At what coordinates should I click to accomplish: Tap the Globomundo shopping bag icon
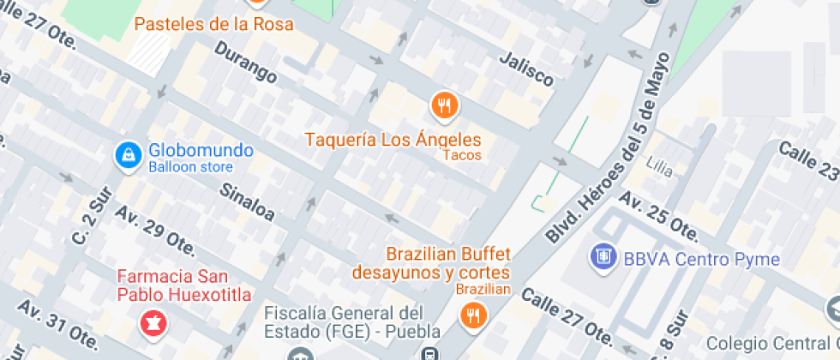(x=128, y=155)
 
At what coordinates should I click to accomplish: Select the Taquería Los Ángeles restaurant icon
(x=443, y=105)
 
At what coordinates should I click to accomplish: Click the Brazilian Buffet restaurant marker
(x=472, y=316)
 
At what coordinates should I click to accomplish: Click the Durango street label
(x=246, y=63)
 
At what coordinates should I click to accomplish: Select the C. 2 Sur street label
(x=89, y=219)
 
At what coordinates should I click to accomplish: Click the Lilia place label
(x=659, y=163)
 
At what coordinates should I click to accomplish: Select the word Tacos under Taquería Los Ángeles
(x=462, y=155)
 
